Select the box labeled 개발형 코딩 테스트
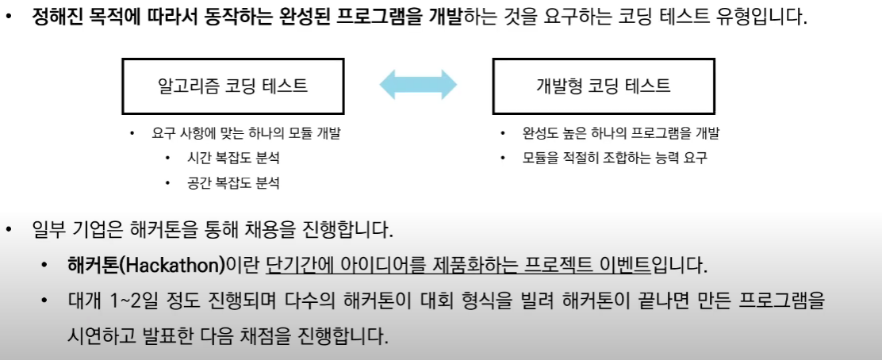tap(603, 86)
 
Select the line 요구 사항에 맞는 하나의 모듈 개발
tap(246, 133)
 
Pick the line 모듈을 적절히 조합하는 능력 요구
tap(614, 158)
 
